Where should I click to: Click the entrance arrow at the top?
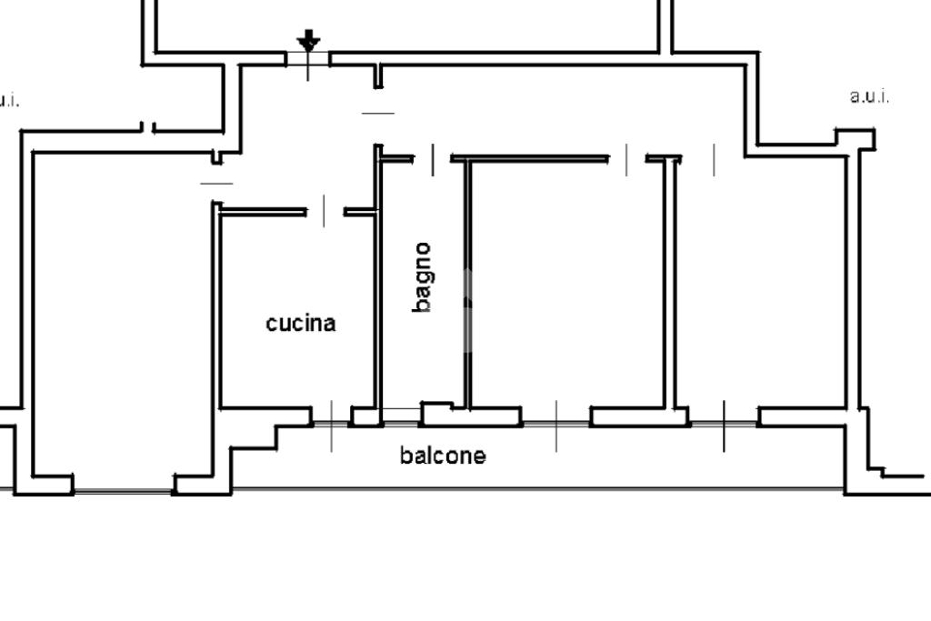tap(309, 40)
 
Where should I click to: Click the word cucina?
tap(301, 323)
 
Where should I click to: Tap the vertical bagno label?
tap(422, 277)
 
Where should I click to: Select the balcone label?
tap(443, 456)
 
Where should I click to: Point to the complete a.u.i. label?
tap(870, 96)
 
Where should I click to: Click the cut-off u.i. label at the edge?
tap(7, 100)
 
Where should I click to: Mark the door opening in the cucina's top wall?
tap(325, 212)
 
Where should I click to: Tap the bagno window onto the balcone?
tap(401, 416)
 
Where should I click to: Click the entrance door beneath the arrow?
tap(308, 60)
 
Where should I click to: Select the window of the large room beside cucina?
tap(123, 492)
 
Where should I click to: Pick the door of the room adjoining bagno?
tap(627, 159)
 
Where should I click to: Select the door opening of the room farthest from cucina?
tap(714, 159)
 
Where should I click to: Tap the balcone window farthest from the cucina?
tap(724, 424)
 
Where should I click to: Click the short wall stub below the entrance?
tap(378, 76)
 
